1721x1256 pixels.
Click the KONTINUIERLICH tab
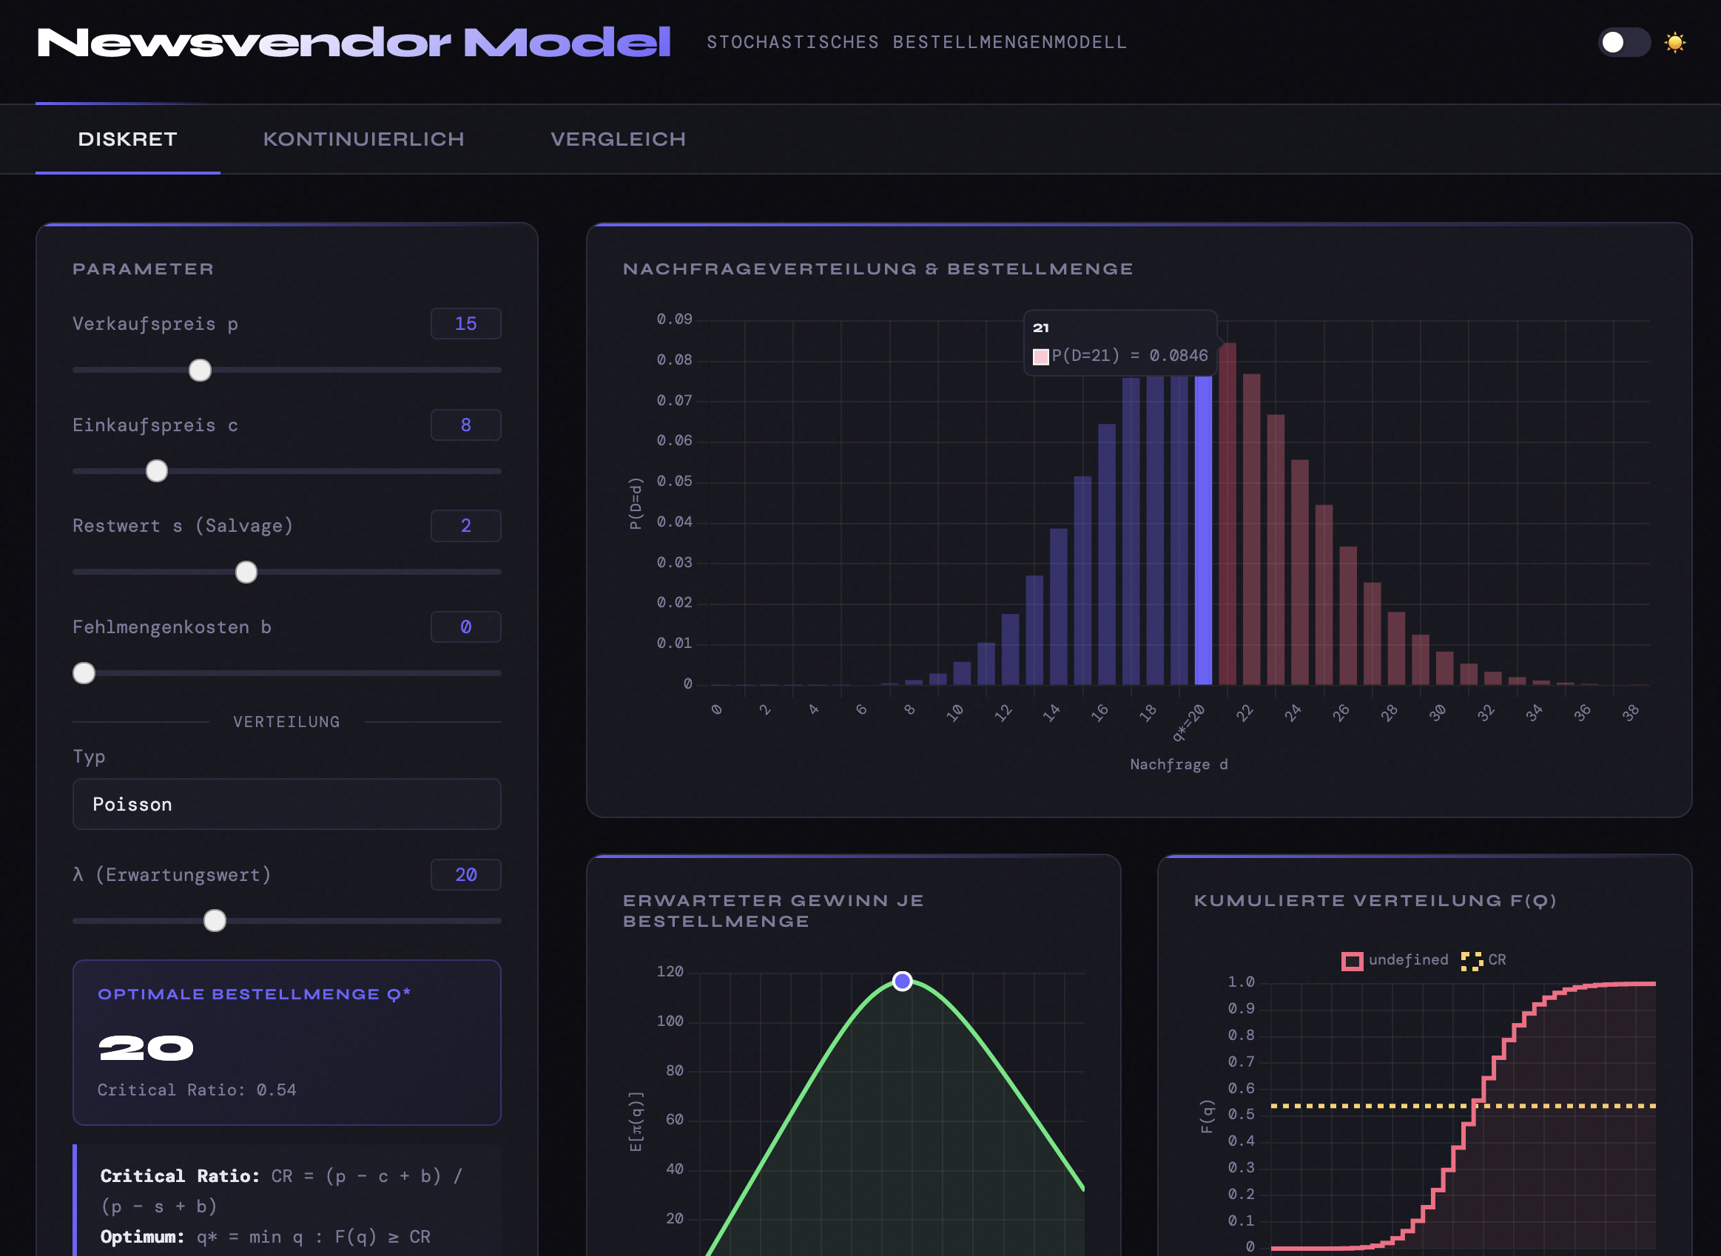tap(363, 139)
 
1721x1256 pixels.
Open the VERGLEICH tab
tap(618, 139)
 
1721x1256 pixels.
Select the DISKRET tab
tap(128, 139)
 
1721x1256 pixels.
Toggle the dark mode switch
tap(1623, 43)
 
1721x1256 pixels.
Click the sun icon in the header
tap(1674, 43)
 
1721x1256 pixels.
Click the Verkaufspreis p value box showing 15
tap(465, 324)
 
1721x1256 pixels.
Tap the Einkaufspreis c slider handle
tap(157, 471)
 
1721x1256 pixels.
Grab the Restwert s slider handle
tap(246, 572)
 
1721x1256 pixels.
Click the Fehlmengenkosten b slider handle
tap(84, 673)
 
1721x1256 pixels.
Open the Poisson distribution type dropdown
tap(286, 803)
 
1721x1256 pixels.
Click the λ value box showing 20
tap(465, 874)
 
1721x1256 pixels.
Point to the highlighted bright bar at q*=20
tap(1203, 532)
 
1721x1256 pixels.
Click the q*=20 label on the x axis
tap(1190, 721)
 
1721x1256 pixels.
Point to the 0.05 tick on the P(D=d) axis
tap(675, 482)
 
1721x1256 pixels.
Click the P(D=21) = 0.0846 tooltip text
tap(1129, 356)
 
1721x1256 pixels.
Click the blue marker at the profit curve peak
tap(903, 982)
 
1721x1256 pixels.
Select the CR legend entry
tap(1483, 960)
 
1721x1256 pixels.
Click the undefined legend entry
tap(1395, 960)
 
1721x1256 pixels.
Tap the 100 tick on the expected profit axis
tap(670, 1021)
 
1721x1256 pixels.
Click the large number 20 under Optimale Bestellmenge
tap(146, 1048)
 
